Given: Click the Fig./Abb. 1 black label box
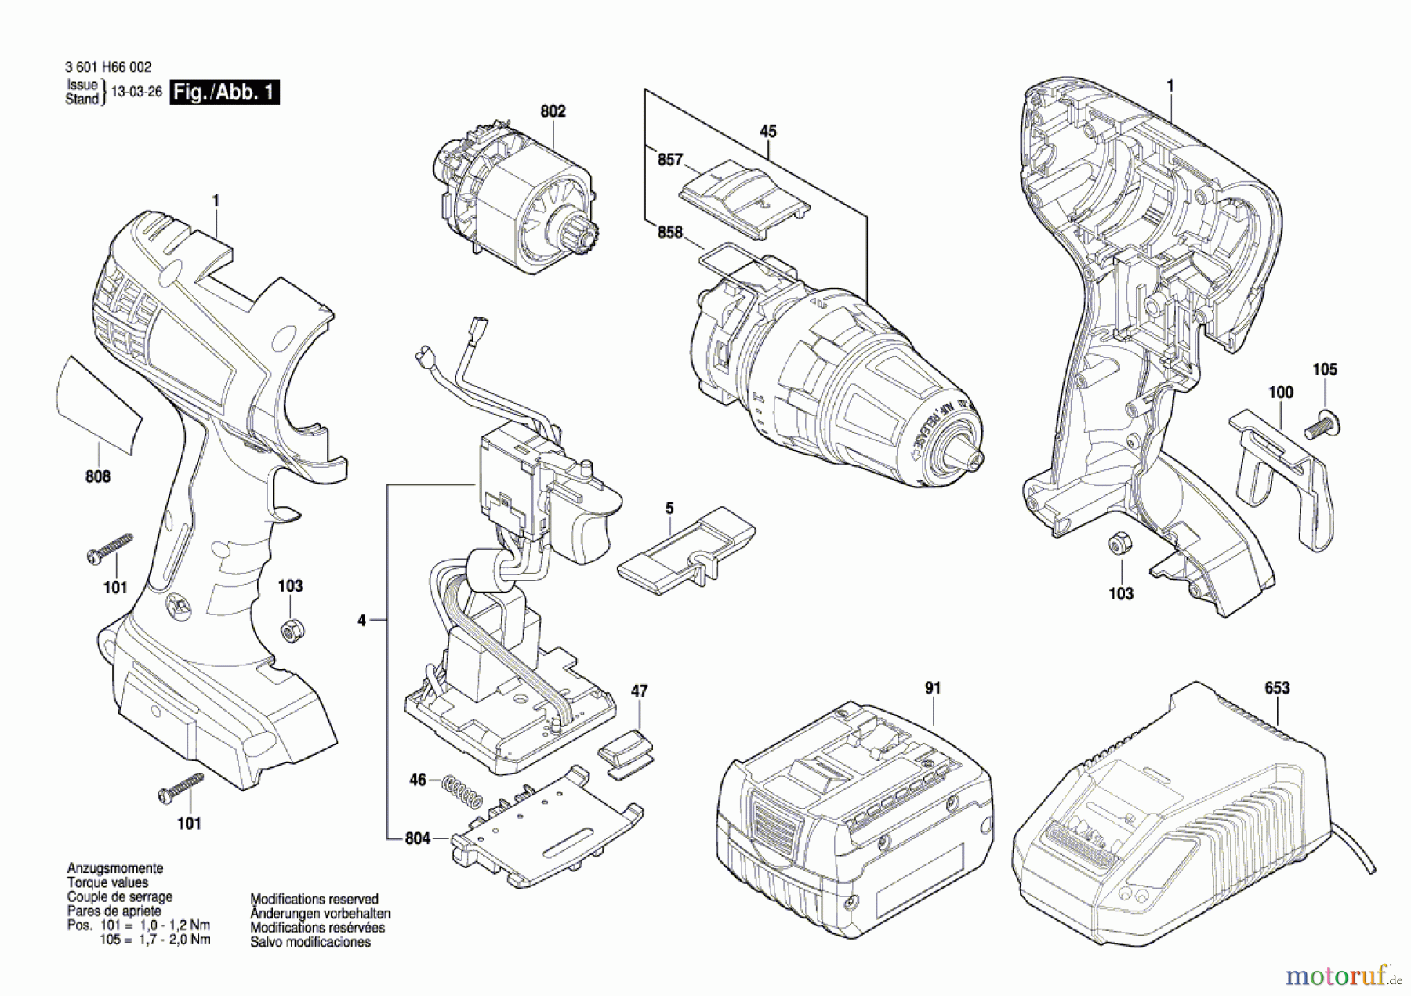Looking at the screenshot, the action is (x=224, y=92).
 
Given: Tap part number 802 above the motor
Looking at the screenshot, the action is (x=553, y=111).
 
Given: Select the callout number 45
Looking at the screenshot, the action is (x=768, y=132).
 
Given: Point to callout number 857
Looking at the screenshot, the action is (x=669, y=160).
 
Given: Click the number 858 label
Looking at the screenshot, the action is (x=669, y=233).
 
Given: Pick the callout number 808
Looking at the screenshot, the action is (x=98, y=476).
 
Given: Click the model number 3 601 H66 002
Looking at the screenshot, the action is (x=108, y=67).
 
